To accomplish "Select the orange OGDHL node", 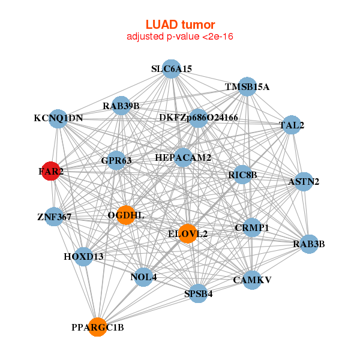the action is pyautogui.click(x=125, y=215).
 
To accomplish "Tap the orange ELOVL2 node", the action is pyautogui.click(x=188, y=233).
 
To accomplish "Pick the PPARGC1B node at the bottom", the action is pyautogui.click(x=98, y=327).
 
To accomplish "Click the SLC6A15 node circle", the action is pyautogui.click(x=172, y=69).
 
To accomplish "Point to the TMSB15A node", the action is pyautogui.click(x=247, y=86).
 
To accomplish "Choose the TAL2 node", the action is pyautogui.click(x=292, y=125).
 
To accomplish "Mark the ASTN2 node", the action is pyautogui.click(x=304, y=181).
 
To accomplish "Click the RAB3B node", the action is pyautogui.click(x=308, y=244).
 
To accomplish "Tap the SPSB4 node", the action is pyautogui.click(x=199, y=294).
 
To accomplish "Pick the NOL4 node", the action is pyautogui.click(x=144, y=277).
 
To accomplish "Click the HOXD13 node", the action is pyautogui.click(x=83, y=257).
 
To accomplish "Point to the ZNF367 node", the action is pyautogui.click(x=54, y=217).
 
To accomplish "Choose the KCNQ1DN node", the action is pyautogui.click(x=58, y=118).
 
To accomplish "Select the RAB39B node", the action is pyautogui.click(x=121, y=106).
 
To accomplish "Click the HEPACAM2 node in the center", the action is pyautogui.click(x=183, y=157).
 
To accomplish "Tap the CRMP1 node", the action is pyautogui.click(x=252, y=228).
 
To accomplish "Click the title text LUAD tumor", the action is pyautogui.click(x=180, y=25).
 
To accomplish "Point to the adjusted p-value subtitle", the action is pyautogui.click(x=180, y=37).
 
